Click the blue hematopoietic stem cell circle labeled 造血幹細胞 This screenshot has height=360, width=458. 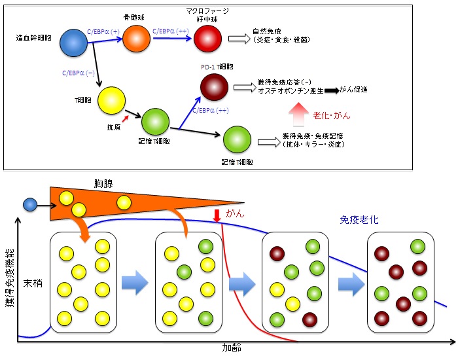pos(73,43)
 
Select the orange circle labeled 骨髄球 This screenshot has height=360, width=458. pos(136,39)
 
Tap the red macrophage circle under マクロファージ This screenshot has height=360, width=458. pos(208,39)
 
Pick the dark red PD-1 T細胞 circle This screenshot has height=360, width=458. pos(214,87)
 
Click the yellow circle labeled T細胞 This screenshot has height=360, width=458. pos(112,101)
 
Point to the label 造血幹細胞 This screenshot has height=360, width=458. pos(33,38)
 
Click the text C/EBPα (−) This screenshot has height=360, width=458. pos(79,73)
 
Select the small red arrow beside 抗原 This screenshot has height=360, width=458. pos(126,118)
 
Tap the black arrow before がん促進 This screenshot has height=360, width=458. pos(332,90)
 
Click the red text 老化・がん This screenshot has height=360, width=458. pos(332,116)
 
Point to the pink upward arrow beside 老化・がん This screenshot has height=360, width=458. pos(298,115)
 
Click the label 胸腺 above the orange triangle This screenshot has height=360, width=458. pos(103,183)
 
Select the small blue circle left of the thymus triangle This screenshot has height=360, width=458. pos(30,204)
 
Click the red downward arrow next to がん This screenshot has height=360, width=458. pos(217,215)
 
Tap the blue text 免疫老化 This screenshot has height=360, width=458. pos(359,220)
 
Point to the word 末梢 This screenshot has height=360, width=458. pos(33,283)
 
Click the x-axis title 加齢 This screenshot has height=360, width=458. pos(232,348)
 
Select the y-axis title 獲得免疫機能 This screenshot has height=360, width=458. pos(10,278)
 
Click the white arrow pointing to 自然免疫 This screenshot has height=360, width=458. pos(239,39)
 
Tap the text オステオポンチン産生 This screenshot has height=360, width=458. pos(291,90)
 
